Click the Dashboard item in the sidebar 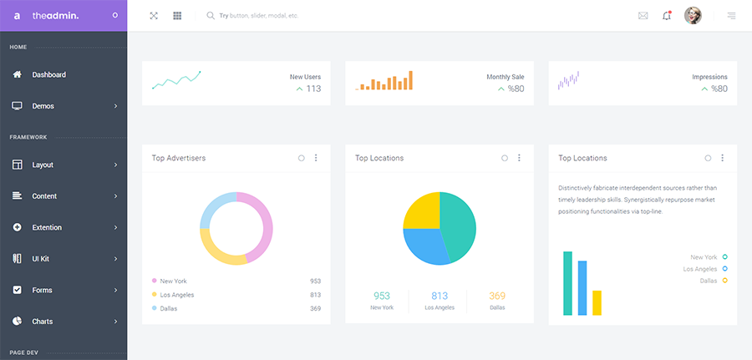(x=48, y=75)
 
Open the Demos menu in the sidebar (x=43, y=106)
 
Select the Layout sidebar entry (x=43, y=165)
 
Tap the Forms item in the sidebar (x=42, y=290)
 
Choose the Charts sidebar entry (x=43, y=322)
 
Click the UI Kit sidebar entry (x=41, y=259)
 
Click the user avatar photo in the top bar (x=693, y=16)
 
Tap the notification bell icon (x=667, y=16)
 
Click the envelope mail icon (x=643, y=16)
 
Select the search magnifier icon (x=211, y=16)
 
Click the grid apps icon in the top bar (x=177, y=16)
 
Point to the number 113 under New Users (x=313, y=89)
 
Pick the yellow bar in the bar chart (x=597, y=302)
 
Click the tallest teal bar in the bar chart (x=567, y=283)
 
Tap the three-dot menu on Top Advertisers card (x=316, y=158)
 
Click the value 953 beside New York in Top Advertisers (x=315, y=281)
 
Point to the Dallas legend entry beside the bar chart (x=713, y=281)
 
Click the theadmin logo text (x=55, y=16)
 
